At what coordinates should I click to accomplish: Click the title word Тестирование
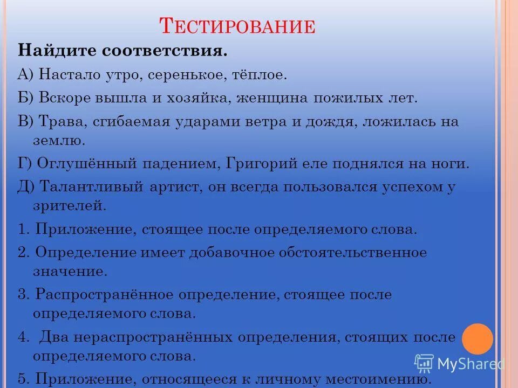(x=237, y=25)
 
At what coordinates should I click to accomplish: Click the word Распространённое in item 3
(x=103, y=295)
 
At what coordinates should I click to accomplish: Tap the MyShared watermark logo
(x=459, y=364)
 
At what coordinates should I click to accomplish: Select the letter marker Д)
(x=26, y=186)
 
